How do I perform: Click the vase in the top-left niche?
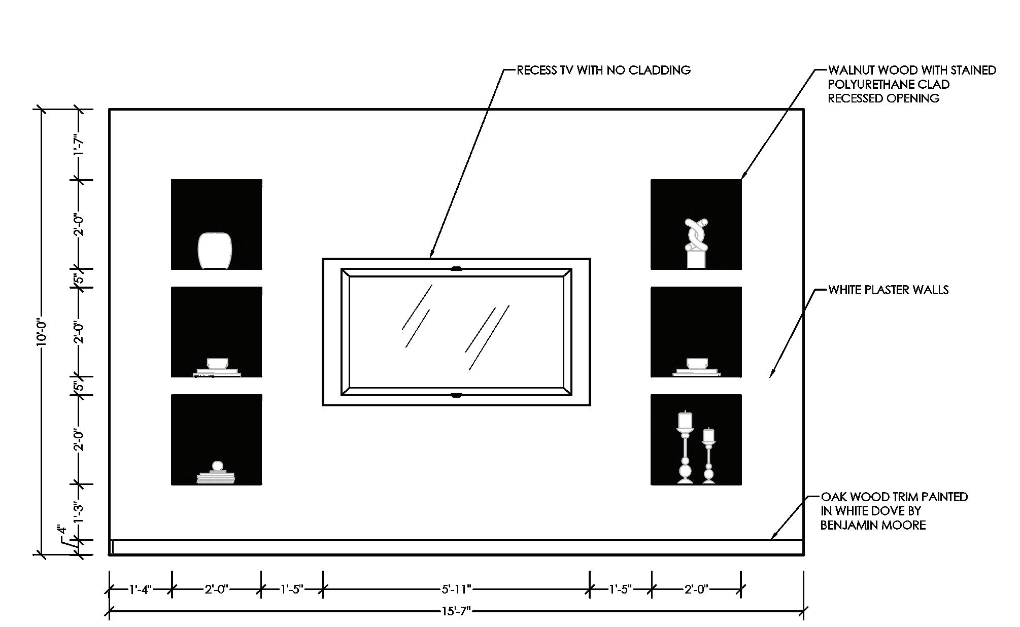click(x=214, y=251)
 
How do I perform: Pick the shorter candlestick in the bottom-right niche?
click(x=708, y=456)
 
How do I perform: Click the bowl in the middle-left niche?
click(x=217, y=363)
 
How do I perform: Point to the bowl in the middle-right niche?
click(x=697, y=363)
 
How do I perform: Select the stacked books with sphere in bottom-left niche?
click(x=216, y=474)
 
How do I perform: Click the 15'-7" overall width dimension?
click(x=456, y=611)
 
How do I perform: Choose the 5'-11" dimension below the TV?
click(x=456, y=589)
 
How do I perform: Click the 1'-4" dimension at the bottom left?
click(x=140, y=589)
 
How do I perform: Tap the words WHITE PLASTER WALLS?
click(x=888, y=290)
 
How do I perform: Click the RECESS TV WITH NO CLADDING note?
click(x=603, y=70)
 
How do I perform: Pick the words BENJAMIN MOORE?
click(x=873, y=525)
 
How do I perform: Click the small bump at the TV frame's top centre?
click(x=456, y=268)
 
